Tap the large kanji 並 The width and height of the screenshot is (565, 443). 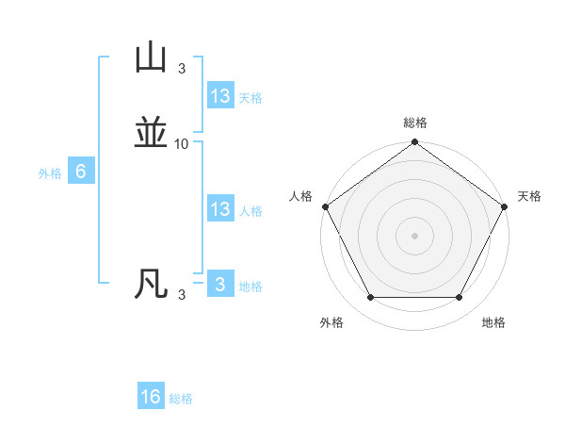click(x=152, y=134)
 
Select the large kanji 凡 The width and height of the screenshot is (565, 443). click(x=152, y=284)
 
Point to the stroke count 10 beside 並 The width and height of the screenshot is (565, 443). click(x=182, y=144)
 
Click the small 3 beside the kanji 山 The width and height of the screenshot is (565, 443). click(x=182, y=69)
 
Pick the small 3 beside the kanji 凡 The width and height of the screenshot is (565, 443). click(x=182, y=295)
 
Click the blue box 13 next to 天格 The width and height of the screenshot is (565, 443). click(x=220, y=96)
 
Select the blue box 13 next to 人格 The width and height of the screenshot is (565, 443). click(x=220, y=209)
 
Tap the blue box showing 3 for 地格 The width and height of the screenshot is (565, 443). click(x=220, y=285)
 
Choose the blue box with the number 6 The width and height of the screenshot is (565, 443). click(x=81, y=172)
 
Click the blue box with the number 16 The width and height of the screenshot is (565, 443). click(x=151, y=397)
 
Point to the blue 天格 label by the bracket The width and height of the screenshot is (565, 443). click(x=250, y=98)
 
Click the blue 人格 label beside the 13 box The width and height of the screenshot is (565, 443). click(x=250, y=211)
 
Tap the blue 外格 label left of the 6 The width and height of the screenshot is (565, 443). click(x=50, y=173)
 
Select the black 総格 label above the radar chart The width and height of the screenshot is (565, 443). click(x=415, y=123)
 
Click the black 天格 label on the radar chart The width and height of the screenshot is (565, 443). click(x=529, y=196)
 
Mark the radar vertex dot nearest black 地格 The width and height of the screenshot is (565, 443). click(x=460, y=298)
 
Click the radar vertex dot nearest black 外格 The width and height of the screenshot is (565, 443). click(x=370, y=298)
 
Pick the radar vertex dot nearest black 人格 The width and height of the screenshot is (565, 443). click(x=325, y=206)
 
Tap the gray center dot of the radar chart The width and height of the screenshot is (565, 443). click(x=415, y=235)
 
